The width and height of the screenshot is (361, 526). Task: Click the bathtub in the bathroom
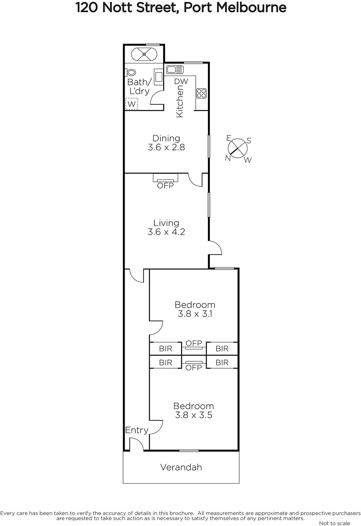(x=144, y=54)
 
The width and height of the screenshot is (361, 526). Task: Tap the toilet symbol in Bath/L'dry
(x=130, y=72)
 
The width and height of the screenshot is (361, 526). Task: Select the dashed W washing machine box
(x=132, y=104)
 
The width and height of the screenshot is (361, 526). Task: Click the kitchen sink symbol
(x=175, y=69)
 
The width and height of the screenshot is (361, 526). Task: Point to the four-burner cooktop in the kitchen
(x=201, y=93)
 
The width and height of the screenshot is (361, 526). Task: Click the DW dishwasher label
(x=181, y=82)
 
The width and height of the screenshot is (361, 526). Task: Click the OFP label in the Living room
(x=166, y=185)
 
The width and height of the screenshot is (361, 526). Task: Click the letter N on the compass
(x=227, y=158)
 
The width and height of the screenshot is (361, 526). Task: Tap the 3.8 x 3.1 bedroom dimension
(x=195, y=314)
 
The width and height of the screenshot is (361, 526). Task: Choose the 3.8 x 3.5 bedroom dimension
(x=193, y=415)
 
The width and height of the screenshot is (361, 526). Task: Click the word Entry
(x=137, y=430)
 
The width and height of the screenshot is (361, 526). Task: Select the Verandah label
(x=181, y=467)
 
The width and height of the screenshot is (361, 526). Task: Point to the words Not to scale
(x=334, y=523)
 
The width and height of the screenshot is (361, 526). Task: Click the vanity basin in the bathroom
(x=158, y=77)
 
